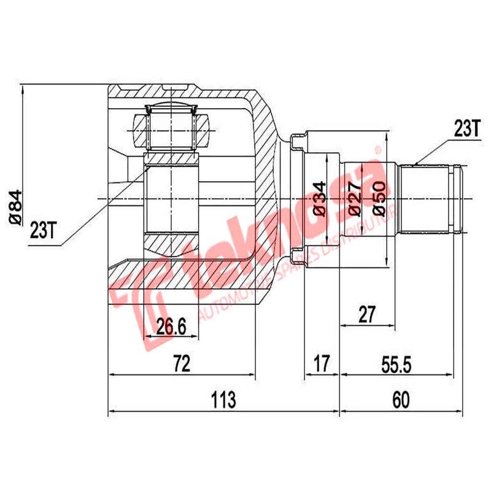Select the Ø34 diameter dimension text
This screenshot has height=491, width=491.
[319, 198]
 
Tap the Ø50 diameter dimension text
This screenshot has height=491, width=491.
[379, 198]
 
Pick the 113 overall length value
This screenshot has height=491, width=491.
[223, 400]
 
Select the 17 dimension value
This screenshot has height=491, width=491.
[322, 363]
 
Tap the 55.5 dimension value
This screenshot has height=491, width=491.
[395, 363]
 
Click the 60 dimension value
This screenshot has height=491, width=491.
[400, 400]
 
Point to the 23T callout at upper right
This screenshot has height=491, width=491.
[466, 128]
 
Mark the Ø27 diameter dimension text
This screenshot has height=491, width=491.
[354, 198]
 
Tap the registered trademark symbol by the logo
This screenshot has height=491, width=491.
[379, 150]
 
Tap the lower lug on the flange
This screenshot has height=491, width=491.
[300, 256]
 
